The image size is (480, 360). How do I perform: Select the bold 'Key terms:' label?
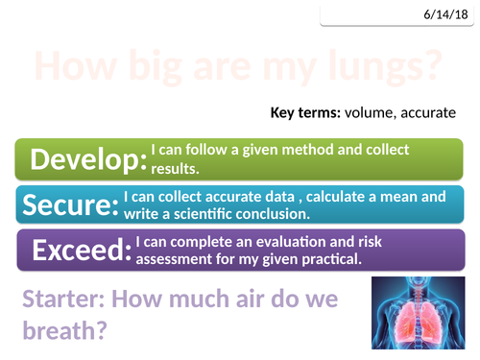309,113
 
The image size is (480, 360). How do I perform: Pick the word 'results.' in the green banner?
174,168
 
